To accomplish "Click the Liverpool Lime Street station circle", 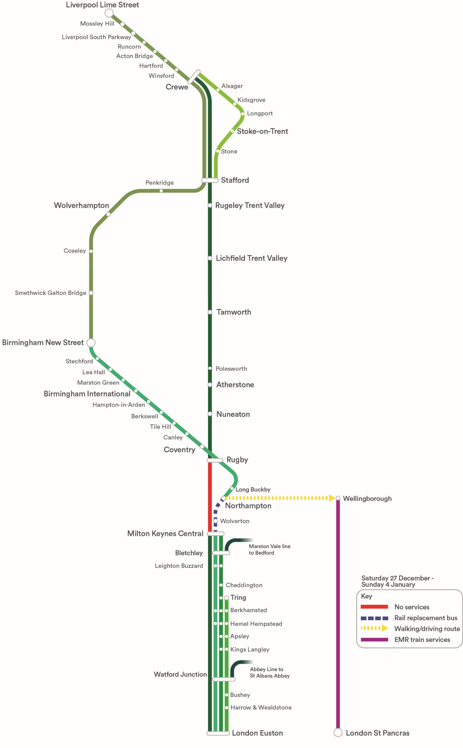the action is pyautogui.click(x=109, y=13).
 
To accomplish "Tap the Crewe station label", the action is pyautogui.click(x=177, y=87).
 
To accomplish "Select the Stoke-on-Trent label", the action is pyautogui.click(x=262, y=131).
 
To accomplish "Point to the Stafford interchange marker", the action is pyautogui.click(x=210, y=180).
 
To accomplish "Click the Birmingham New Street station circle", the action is pyautogui.click(x=91, y=342).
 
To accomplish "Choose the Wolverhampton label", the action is pyautogui.click(x=82, y=205).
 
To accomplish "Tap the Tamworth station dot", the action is pyautogui.click(x=210, y=312).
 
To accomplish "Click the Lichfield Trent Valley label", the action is pyautogui.click(x=252, y=258).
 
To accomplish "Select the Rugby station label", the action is pyautogui.click(x=237, y=460).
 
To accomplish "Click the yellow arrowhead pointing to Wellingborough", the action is pyautogui.click(x=332, y=498).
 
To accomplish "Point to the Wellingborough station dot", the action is pyautogui.click(x=338, y=498).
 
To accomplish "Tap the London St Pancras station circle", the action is pyautogui.click(x=338, y=733).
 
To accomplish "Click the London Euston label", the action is pyautogui.click(x=257, y=733).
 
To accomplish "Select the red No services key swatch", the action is pyautogui.click(x=375, y=607).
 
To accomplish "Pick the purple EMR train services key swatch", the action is pyautogui.click(x=375, y=639).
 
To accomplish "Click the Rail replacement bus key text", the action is pyautogui.click(x=426, y=618).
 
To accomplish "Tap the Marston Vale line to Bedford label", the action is pyautogui.click(x=269, y=549).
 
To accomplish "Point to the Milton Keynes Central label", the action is pyautogui.click(x=165, y=534).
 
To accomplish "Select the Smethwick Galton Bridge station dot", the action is pyautogui.click(x=91, y=293).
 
